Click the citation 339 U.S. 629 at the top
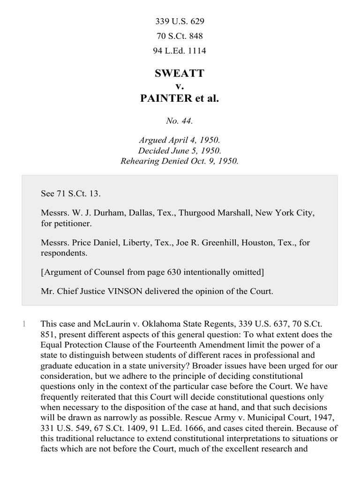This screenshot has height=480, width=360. pos(180,22)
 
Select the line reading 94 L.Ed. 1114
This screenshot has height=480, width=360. pos(180,51)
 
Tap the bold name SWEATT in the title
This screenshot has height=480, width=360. pos(180,74)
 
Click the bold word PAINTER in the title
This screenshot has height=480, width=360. pos(166,99)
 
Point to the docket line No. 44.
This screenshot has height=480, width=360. pos(180,121)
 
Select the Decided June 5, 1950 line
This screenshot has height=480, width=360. pos(180,151)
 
